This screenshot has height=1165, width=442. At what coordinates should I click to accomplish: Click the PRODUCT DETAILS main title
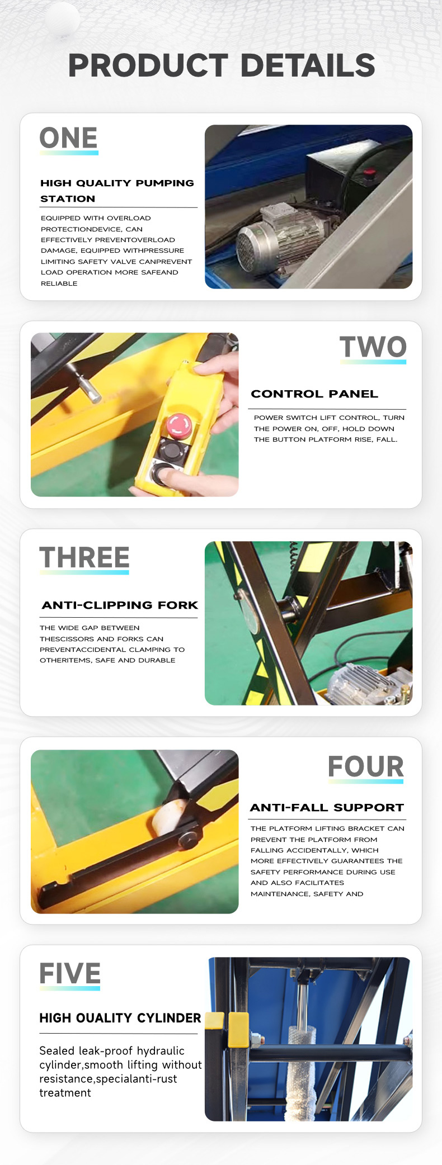[x=222, y=65]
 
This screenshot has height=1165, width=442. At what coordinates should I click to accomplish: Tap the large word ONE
[x=68, y=138]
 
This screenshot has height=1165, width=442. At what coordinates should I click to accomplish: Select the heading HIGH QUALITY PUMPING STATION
[x=117, y=191]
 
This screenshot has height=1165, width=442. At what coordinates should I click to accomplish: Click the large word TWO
[x=373, y=347]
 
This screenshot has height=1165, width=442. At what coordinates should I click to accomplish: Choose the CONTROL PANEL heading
[x=314, y=394]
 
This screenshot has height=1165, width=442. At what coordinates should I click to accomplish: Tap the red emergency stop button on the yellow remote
[x=179, y=425]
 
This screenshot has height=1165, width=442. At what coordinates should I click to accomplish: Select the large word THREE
[x=84, y=557]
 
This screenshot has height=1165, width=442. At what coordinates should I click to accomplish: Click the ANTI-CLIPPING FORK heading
[x=120, y=605]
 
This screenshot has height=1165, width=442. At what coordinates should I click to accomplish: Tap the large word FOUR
[x=366, y=766]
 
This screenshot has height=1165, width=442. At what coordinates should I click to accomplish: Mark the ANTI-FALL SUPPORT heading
[x=327, y=808]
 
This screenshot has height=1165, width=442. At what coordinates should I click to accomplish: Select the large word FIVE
[x=70, y=974]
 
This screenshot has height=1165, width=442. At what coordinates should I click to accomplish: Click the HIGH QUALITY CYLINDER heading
[x=120, y=1018]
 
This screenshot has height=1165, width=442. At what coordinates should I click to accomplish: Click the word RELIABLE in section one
[x=59, y=283]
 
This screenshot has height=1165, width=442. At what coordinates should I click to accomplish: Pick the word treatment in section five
[x=65, y=1093]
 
